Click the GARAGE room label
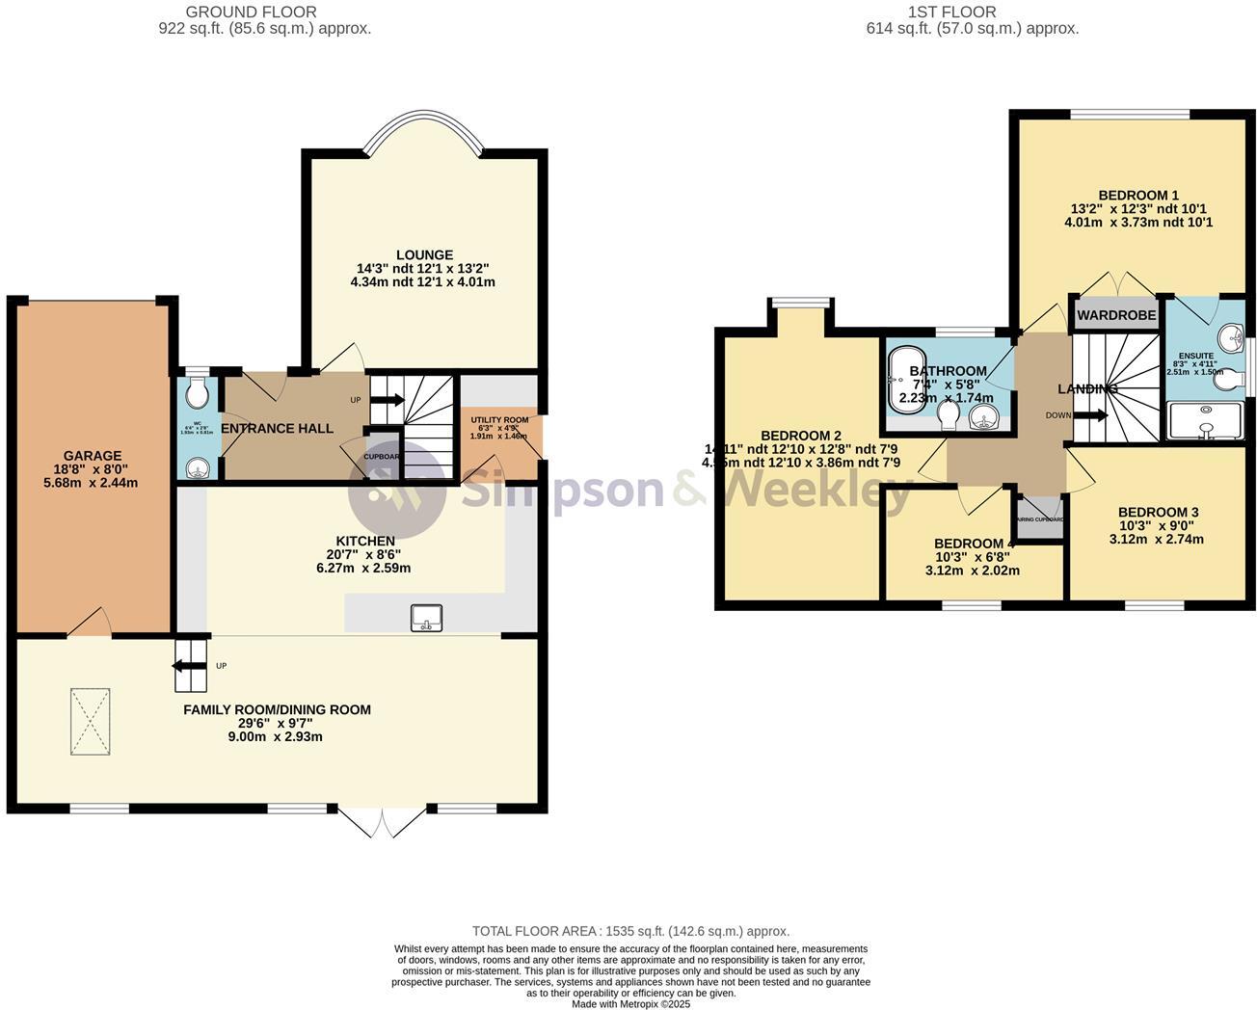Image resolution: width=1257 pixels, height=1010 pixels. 93,456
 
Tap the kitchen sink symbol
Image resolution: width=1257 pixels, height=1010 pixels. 425,617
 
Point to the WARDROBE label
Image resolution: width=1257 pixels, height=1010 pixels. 1115,315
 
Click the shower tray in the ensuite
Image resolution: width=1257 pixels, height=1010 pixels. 1205,421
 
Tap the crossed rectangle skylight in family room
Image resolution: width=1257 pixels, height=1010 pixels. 90,721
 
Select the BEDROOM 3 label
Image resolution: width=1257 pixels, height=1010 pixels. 1158,512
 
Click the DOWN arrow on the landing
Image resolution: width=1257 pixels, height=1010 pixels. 1089,416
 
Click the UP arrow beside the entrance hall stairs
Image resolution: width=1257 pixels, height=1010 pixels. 388,400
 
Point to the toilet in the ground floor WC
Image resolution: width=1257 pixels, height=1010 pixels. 197,393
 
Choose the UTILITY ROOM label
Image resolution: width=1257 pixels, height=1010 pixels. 499,420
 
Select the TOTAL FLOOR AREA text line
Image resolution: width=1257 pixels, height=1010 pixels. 630,931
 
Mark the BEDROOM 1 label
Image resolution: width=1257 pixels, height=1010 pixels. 1137,195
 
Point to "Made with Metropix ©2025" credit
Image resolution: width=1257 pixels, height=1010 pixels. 630,1003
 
